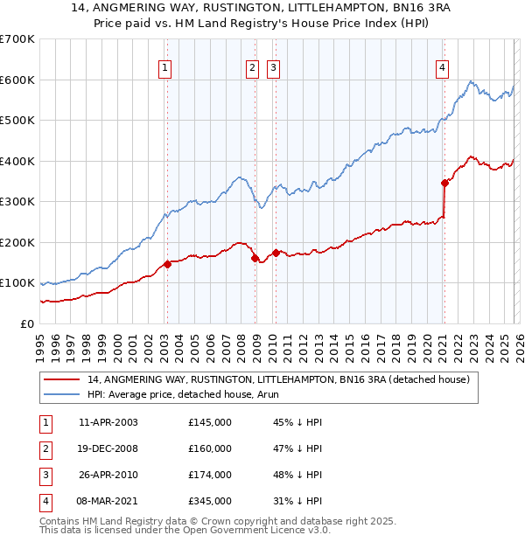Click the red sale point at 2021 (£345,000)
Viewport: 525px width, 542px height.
coord(444,183)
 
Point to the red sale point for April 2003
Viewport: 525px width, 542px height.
coord(167,264)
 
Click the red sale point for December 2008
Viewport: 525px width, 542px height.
coord(255,258)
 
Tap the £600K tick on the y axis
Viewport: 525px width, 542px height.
coord(18,80)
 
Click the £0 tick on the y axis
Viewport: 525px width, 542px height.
coord(27,323)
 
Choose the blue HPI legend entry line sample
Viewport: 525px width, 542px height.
coord(63,394)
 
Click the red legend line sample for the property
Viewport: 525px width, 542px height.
coord(63,379)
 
